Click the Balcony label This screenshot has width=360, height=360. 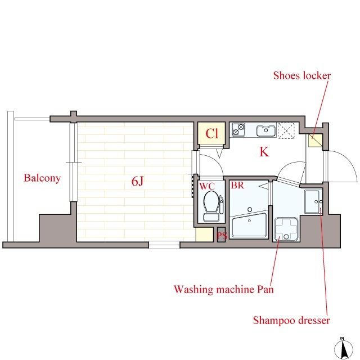pos(42,178)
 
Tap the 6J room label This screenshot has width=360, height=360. pos(137,181)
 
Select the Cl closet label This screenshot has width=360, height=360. pos(211,134)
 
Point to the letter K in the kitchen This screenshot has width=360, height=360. pos(264,152)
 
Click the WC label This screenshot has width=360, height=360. pos(207,186)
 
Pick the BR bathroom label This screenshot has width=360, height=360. pos(237,185)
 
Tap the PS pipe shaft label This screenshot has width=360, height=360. pos(222,236)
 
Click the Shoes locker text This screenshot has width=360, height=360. pos(302,75)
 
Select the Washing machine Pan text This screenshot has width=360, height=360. pos(224,289)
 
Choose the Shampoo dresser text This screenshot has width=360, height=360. pos(291,320)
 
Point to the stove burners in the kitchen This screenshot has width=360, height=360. pos(238,130)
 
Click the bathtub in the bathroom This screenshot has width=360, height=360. pos(249,226)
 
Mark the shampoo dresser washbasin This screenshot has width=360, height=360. pos(314,202)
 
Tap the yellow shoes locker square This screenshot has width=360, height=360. pos(316,141)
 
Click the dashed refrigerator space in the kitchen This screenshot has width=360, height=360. pos(286,130)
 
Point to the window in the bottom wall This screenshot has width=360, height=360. pos(164,245)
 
